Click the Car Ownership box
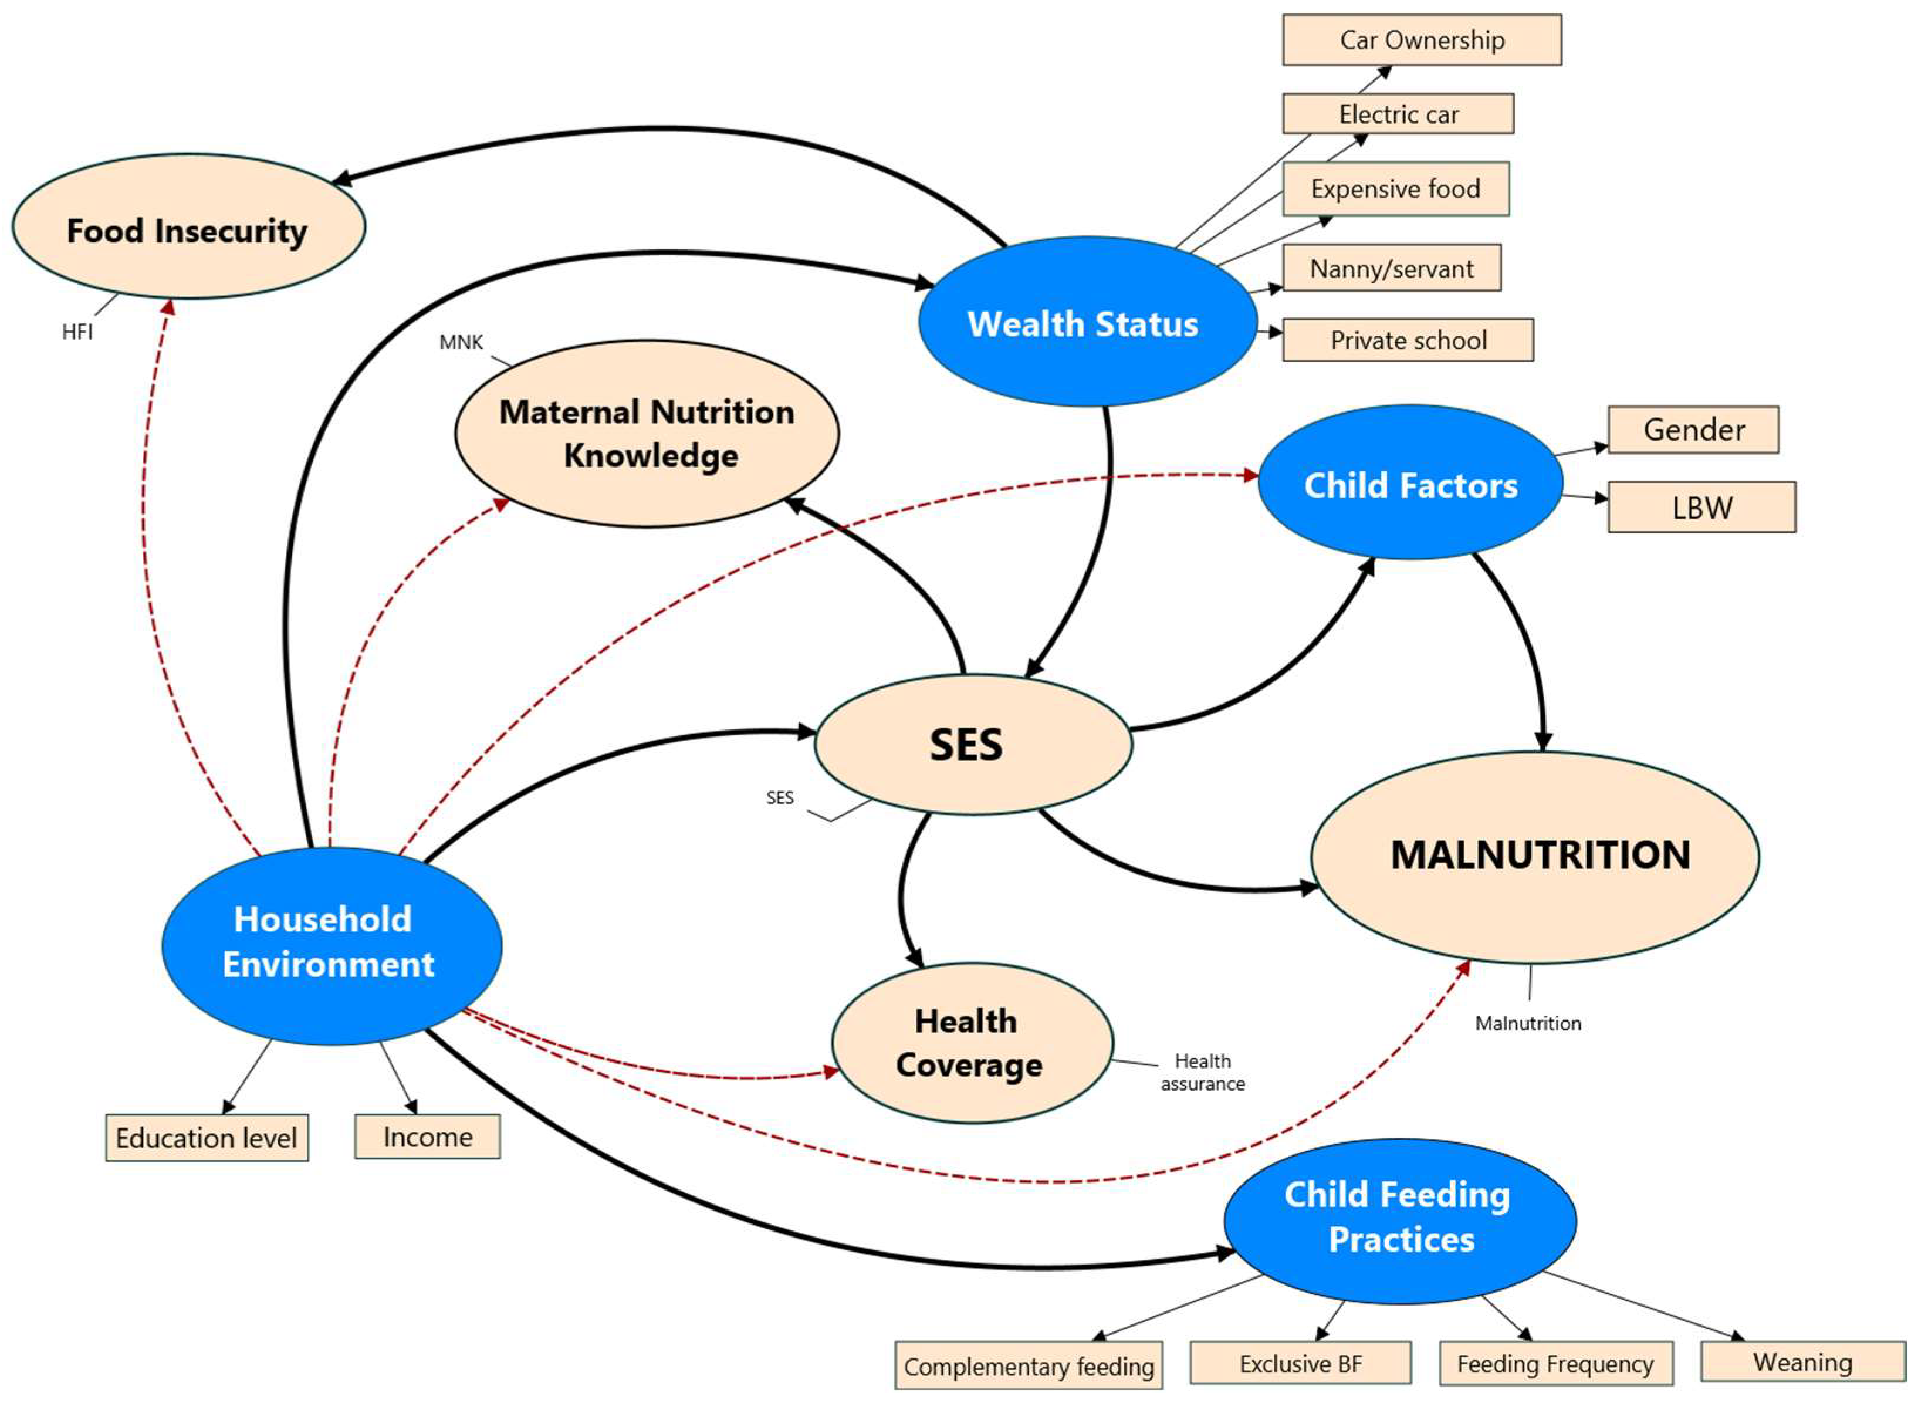[1421, 40]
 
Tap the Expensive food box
[1395, 188]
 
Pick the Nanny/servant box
[1392, 268]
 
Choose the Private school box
[1408, 340]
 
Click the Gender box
[1693, 430]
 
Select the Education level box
[207, 1138]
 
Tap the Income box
[427, 1137]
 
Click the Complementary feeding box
[1028, 1365]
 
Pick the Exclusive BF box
[1300, 1363]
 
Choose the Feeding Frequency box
[1555, 1363]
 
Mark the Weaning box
[1802, 1361]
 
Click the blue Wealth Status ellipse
[1087, 322]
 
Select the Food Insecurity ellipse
[188, 226]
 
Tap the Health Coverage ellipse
[971, 1043]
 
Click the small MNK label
[461, 342]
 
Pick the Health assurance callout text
[1202, 1072]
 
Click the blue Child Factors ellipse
[1410, 482]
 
